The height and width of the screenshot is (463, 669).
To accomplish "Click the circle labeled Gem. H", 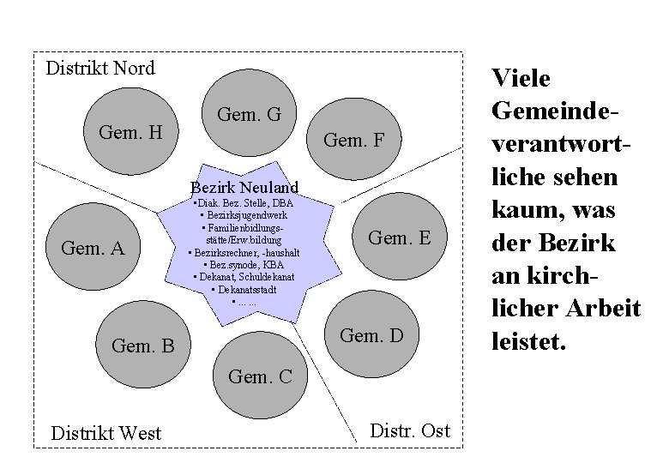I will [x=130, y=132].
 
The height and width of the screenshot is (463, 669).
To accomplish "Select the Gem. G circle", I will [x=249, y=113].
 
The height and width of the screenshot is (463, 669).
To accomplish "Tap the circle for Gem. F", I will [x=353, y=140].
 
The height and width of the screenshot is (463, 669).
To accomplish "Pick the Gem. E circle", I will [x=399, y=238].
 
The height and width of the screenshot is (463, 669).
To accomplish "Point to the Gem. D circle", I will [x=371, y=334].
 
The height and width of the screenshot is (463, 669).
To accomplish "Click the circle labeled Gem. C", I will [x=261, y=376].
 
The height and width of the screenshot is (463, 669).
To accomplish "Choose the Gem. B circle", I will [x=143, y=346].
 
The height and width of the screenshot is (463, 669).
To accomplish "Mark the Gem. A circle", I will [x=93, y=249].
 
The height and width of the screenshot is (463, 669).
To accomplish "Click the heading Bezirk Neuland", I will [x=244, y=187].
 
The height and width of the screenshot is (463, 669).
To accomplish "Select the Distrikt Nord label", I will [x=100, y=68].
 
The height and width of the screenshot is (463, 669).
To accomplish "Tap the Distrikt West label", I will [x=106, y=433].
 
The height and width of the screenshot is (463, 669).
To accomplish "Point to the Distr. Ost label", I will [x=409, y=430].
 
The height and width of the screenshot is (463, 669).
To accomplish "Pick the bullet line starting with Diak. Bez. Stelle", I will [x=244, y=203].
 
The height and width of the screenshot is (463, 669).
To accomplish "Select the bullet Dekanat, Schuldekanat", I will [x=244, y=277].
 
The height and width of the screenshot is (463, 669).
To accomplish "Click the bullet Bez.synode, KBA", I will [x=244, y=265].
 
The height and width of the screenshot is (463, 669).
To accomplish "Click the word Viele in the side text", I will [x=521, y=79].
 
